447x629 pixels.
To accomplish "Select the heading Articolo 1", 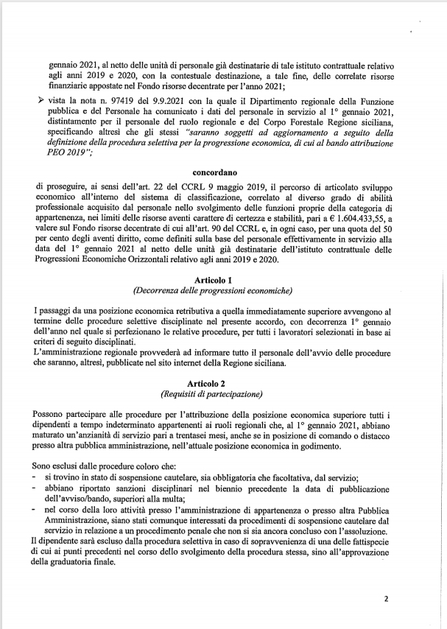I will click(223, 281).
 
